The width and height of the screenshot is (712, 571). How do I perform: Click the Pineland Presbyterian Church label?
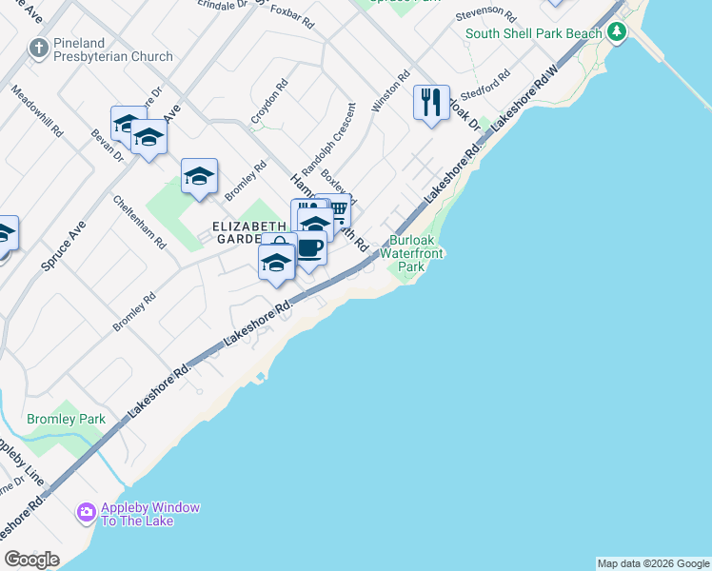(x=112, y=49)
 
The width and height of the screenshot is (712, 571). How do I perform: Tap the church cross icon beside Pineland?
(x=39, y=47)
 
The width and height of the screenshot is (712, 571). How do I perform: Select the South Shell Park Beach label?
(x=533, y=34)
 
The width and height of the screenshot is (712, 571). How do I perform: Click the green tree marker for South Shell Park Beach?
(x=618, y=33)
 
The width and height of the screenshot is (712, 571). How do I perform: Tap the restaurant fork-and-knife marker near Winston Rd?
(x=431, y=101)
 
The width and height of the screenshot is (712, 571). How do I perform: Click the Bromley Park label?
(x=66, y=419)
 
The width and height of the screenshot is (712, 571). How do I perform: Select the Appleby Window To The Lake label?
(x=150, y=514)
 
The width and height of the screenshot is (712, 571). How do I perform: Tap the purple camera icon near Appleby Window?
(x=87, y=513)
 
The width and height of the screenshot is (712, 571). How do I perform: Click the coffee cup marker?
(x=310, y=248)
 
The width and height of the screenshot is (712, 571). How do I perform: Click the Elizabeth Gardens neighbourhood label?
(x=236, y=233)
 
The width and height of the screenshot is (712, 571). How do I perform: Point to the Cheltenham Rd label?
(x=140, y=222)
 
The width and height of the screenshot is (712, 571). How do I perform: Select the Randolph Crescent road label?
(x=326, y=144)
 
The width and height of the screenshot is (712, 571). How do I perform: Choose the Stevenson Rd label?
(x=485, y=16)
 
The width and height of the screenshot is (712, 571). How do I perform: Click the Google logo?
(x=32, y=560)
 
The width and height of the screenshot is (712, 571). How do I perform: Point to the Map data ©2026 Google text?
(x=653, y=563)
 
